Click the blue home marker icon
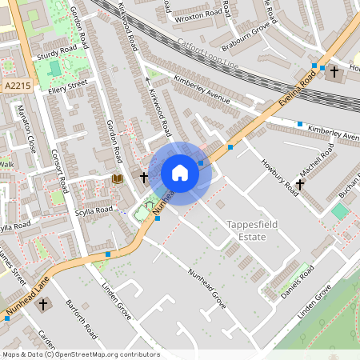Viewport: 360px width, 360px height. coord(180,173)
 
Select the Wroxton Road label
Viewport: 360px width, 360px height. coord(200,14)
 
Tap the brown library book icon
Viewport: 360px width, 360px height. coord(118,177)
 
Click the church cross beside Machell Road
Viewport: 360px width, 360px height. coord(300,185)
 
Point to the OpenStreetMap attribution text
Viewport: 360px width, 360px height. coord(80,354)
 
